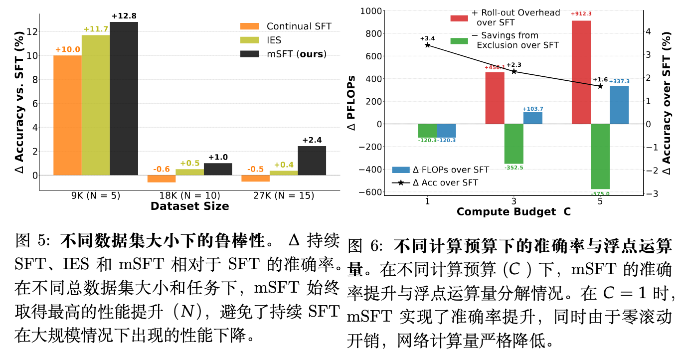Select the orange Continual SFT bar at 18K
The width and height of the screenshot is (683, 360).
click(162, 179)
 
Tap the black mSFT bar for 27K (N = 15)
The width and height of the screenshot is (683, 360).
click(312, 161)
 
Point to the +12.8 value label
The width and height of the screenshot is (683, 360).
click(124, 16)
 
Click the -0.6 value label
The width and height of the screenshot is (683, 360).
click(162, 170)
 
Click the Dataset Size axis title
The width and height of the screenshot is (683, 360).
click(189, 206)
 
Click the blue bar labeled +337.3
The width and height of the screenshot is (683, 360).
click(619, 105)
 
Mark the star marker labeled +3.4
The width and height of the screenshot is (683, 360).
click(427, 45)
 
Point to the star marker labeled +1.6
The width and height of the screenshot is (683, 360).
click(600, 86)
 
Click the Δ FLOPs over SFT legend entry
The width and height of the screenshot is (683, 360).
click(441, 170)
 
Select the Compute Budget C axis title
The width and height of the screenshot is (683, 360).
click(513, 212)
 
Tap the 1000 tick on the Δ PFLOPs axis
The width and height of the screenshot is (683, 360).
click(371, 11)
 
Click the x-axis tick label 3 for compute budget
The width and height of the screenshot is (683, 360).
click(513, 200)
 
